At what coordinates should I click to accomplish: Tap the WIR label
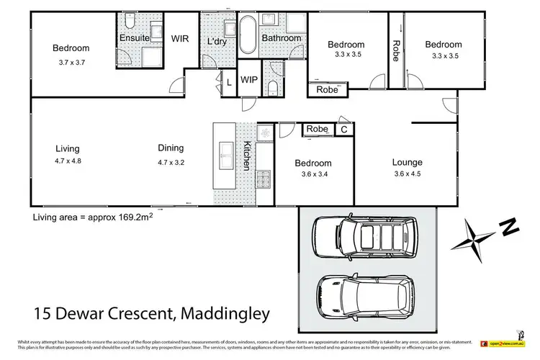tap(179, 40)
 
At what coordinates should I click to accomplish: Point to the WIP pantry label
tap(249, 79)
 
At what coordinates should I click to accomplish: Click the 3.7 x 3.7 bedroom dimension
tap(71, 63)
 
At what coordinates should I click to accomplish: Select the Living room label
tap(68, 149)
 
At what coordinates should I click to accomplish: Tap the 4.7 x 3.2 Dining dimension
tap(172, 162)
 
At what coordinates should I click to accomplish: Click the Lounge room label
tap(407, 162)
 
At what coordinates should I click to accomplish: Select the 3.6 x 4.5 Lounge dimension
tap(407, 174)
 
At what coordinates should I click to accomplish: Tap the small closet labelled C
tap(343, 130)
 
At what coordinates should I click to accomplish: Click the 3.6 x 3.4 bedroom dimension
tap(313, 174)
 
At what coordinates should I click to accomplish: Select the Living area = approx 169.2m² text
tap(93, 216)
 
